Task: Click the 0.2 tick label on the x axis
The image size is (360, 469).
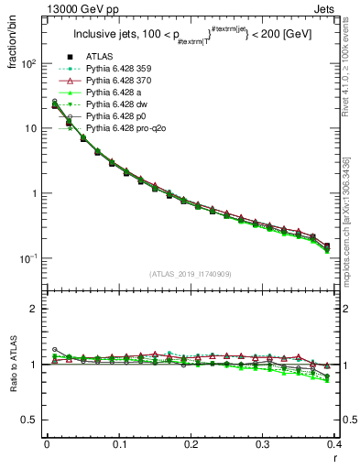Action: [191, 445]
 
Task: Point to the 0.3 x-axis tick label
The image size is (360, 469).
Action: [263, 445]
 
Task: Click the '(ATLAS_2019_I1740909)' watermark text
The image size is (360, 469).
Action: [191, 274]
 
